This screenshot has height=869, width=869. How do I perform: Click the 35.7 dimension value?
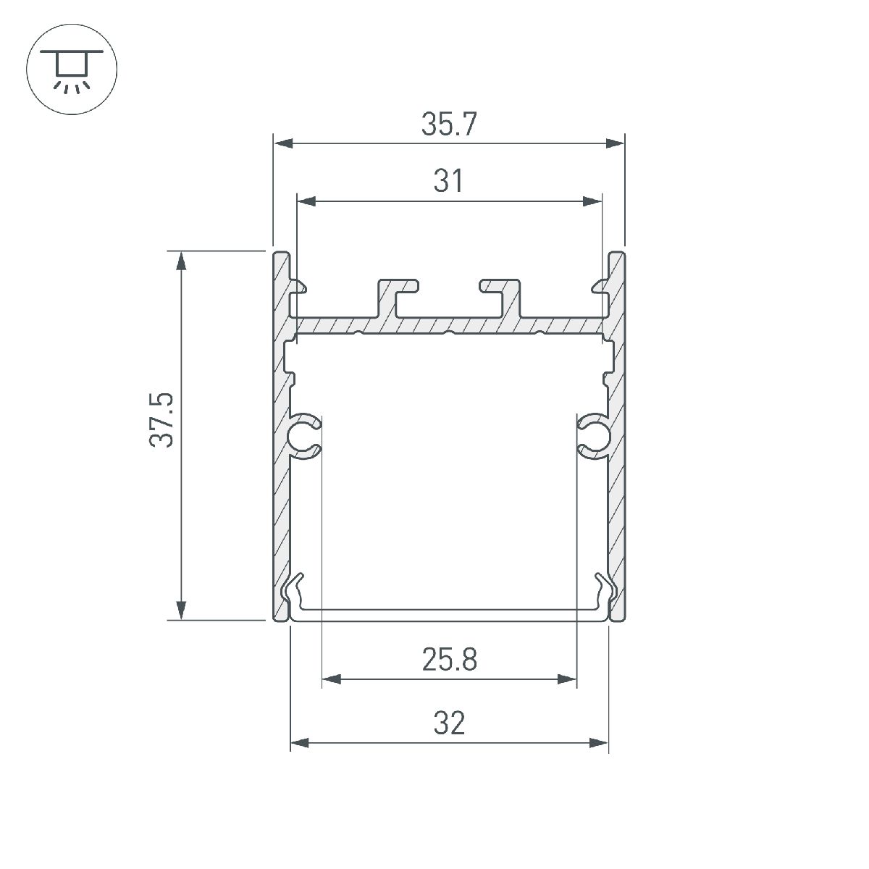[449, 125]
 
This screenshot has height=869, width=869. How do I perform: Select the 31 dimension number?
[449, 181]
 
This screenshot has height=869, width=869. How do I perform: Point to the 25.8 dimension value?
[449, 660]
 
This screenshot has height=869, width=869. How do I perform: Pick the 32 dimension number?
[449, 723]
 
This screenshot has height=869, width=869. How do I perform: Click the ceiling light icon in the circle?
[72, 70]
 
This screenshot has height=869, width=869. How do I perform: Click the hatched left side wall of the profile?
[281, 471]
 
